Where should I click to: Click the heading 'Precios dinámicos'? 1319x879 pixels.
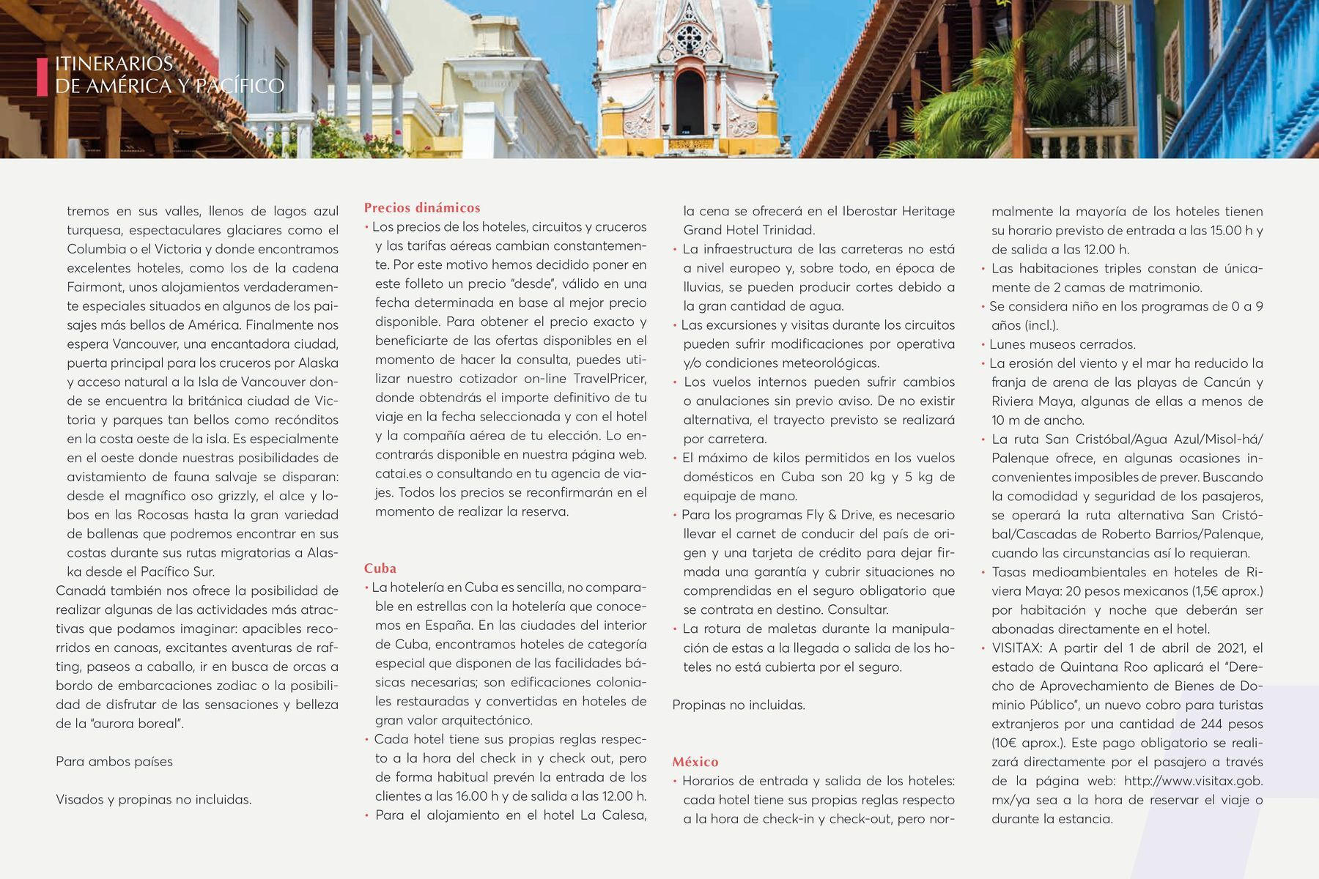coord(422,208)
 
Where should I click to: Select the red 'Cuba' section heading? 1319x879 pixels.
coord(380,568)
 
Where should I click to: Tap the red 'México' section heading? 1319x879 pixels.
coord(695,762)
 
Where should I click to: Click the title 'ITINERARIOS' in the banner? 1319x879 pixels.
coord(114,64)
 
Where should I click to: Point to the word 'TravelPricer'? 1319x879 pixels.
coord(610,379)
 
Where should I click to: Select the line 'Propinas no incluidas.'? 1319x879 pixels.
coord(739,705)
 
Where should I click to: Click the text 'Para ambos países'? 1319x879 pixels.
coord(114,762)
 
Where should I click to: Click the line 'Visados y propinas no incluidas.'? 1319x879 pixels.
coord(154,800)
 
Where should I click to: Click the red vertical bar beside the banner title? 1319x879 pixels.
coord(42,75)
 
